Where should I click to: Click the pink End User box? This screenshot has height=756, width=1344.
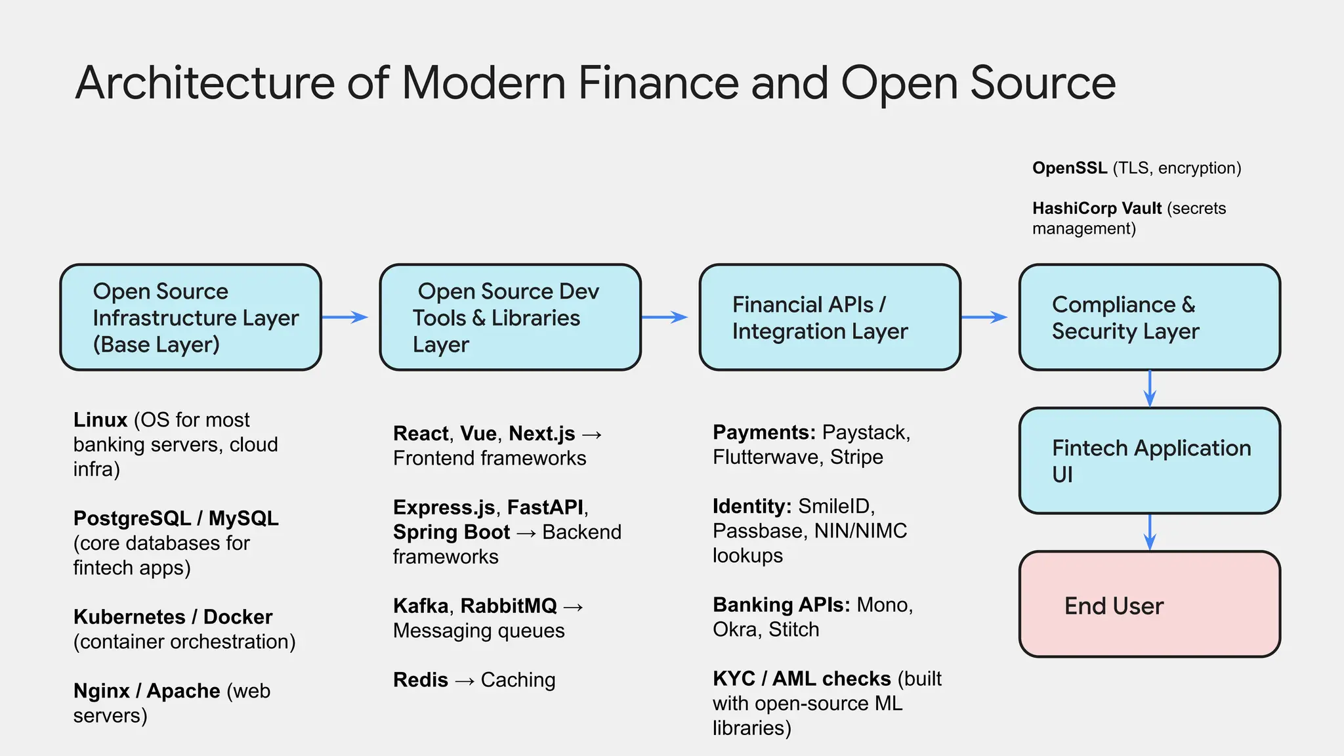pyautogui.click(x=1149, y=604)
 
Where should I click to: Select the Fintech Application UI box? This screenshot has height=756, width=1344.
pyautogui.click(x=1149, y=461)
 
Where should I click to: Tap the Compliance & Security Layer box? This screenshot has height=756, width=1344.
pyautogui.click(x=1149, y=318)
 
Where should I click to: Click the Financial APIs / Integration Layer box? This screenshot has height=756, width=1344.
pyautogui.click(x=829, y=318)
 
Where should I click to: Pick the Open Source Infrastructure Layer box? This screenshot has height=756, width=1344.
pyautogui.click(x=190, y=318)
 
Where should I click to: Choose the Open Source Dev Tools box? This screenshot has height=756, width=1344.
pyautogui.click(x=510, y=318)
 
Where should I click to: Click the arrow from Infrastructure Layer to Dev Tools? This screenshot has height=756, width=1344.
pyautogui.click(x=345, y=318)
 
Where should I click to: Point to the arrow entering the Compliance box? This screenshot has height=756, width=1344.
pyautogui.click(x=984, y=318)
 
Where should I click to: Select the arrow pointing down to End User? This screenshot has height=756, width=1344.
pyautogui.click(x=1150, y=532)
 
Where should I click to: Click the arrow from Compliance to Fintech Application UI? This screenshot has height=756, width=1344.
pyautogui.click(x=1150, y=389)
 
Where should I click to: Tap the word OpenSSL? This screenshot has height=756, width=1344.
pyautogui.click(x=1070, y=168)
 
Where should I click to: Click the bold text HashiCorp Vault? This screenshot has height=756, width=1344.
pyautogui.click(x=1097, y=208)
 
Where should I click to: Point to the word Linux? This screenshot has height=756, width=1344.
pyautogui.click(x=100, y=420)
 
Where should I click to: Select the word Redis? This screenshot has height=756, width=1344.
pyautogui.click(x=421, y=680)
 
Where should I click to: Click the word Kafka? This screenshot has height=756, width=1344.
pyautogui.click(x=421, y=606)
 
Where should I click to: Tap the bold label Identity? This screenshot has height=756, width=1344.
pyautogui.click(x=752, y=506)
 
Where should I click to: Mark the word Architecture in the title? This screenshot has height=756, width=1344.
pyautogui.click(x=205, y=83)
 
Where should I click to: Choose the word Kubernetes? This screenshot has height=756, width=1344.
pyautogui.click(x=129, y=617)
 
